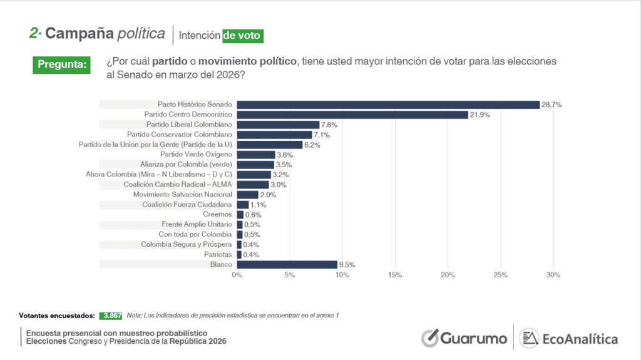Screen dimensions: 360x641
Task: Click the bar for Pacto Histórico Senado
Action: pyautogui.click(x=388, y=105)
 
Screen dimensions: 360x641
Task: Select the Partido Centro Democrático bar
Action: pyautogui.click(x=352, y=115)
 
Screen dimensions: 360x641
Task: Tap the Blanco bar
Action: pyautogui.click(x=287, y=264)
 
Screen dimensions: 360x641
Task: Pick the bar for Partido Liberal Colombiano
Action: pyautogui.click(x=278, y=125)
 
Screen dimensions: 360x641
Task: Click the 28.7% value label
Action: pyautogui.click(x=551, y=105)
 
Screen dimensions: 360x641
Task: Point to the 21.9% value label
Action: pyautogui.click(x=479, y=115)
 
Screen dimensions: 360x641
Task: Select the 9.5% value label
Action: pyautogui.click(x=347, y=264)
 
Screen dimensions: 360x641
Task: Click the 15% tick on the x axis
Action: pyautogui.click(x=395, y=275)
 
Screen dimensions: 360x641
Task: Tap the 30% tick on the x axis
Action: pyautogui.click(x=553, y=275)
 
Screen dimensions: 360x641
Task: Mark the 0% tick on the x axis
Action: pyautogui.click(x=237, y=275)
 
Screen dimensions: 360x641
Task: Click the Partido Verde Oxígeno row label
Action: pyautogui.click(x=196, y=155)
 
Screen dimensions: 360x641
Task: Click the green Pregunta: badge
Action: pyautogui.click(x=61, y=64)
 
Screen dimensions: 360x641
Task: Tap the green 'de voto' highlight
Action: pyautogui.click(x=242, y=36)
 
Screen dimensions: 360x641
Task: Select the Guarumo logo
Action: pyautogui.click(x=464, y=338)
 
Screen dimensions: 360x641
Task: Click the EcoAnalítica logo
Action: pyautogui.click(x=569, y=338)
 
